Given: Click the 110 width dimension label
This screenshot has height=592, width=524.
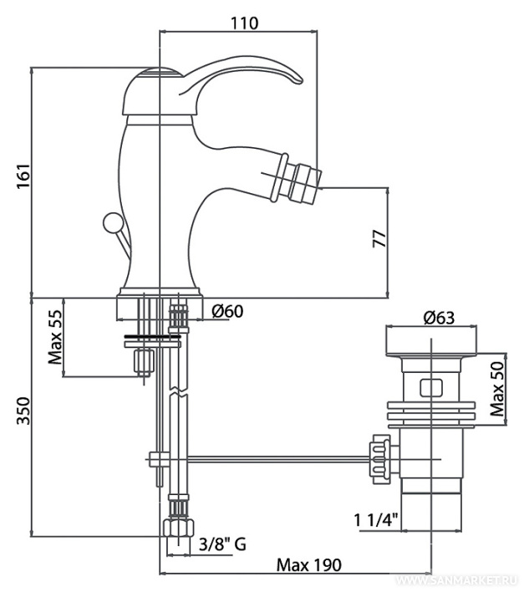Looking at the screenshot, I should click(x=243, y=23).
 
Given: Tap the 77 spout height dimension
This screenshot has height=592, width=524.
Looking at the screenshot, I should click(x=379, y=238).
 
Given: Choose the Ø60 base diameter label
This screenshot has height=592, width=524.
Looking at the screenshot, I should click(x=227, y=311).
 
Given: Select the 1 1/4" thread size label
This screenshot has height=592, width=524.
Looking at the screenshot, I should click(x=376, y=520).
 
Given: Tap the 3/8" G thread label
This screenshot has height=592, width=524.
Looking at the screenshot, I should click(x=222, y=545).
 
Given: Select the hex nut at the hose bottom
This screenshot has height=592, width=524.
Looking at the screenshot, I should click(x=175, y=527).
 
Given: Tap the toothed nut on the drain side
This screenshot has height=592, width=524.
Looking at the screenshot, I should click(x=379, y=457).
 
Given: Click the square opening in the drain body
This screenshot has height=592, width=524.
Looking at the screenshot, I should click(x=431, y=387).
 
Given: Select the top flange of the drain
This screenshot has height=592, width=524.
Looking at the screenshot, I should click(x=431, y=342).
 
